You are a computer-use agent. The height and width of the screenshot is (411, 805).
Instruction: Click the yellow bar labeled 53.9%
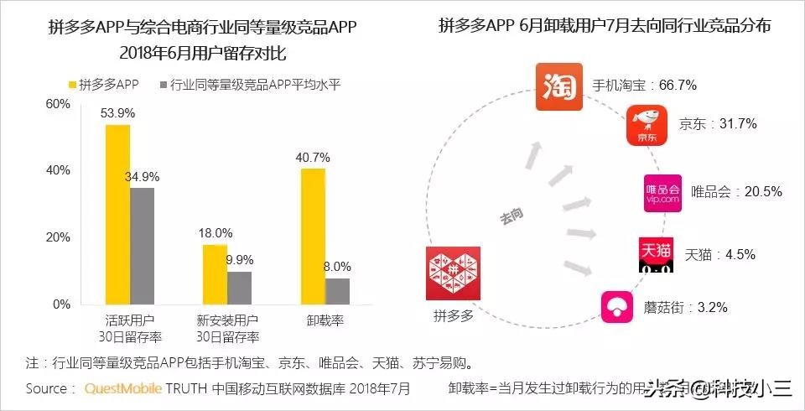point(117,214)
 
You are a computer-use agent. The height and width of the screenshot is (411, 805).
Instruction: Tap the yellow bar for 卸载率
point(313,236)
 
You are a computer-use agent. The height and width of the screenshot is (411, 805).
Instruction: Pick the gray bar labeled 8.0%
point(337,291)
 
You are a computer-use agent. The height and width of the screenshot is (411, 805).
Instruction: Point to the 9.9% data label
point(240,258)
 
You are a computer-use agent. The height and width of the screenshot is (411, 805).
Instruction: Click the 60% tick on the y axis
point(58,104)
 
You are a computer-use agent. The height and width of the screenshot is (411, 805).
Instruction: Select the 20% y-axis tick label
point(58,237)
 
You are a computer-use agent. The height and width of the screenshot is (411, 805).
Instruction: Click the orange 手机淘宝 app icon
point(558,86)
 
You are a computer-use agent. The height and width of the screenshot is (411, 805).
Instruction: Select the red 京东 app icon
point(646,125)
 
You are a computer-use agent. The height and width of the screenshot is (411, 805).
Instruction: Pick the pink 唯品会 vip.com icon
point(662,191)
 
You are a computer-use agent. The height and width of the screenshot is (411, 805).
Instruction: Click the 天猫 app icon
point(656,253)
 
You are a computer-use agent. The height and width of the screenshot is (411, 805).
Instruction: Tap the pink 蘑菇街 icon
point(617,307)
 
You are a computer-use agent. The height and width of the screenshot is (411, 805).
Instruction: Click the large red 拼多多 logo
point(452,273)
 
